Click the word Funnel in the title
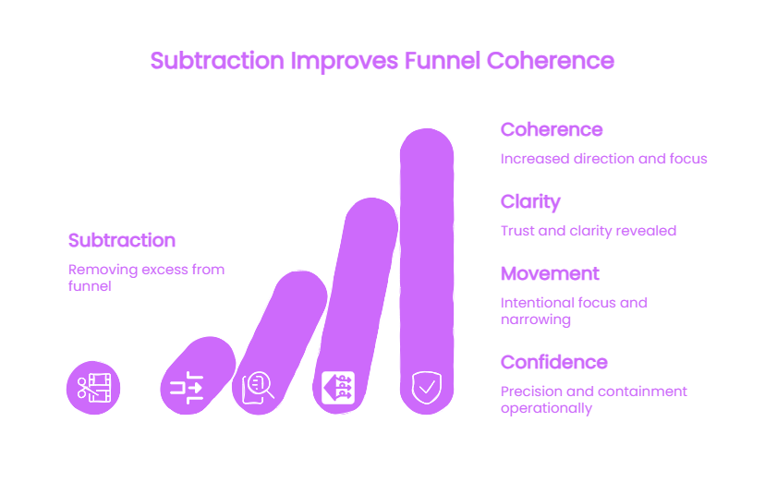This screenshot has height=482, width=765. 442,61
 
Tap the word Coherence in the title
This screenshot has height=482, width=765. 551,61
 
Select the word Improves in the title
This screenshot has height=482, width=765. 345,62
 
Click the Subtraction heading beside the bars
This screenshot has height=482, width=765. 121,240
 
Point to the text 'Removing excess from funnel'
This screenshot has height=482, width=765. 146,277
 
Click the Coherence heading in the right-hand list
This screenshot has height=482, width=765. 552,129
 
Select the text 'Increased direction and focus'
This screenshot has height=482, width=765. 603,159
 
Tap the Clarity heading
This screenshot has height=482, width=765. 530,202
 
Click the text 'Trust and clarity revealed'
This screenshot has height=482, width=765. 589,231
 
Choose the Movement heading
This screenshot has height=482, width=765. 550,274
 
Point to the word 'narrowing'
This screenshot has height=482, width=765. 536,319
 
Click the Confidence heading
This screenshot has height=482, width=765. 553,363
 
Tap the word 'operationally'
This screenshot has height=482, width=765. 546,408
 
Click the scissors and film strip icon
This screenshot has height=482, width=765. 93,388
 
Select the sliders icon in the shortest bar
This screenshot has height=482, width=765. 187,388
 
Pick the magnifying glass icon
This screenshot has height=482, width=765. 258,388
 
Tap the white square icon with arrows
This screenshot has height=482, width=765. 338,388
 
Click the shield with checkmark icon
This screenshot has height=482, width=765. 427,388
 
